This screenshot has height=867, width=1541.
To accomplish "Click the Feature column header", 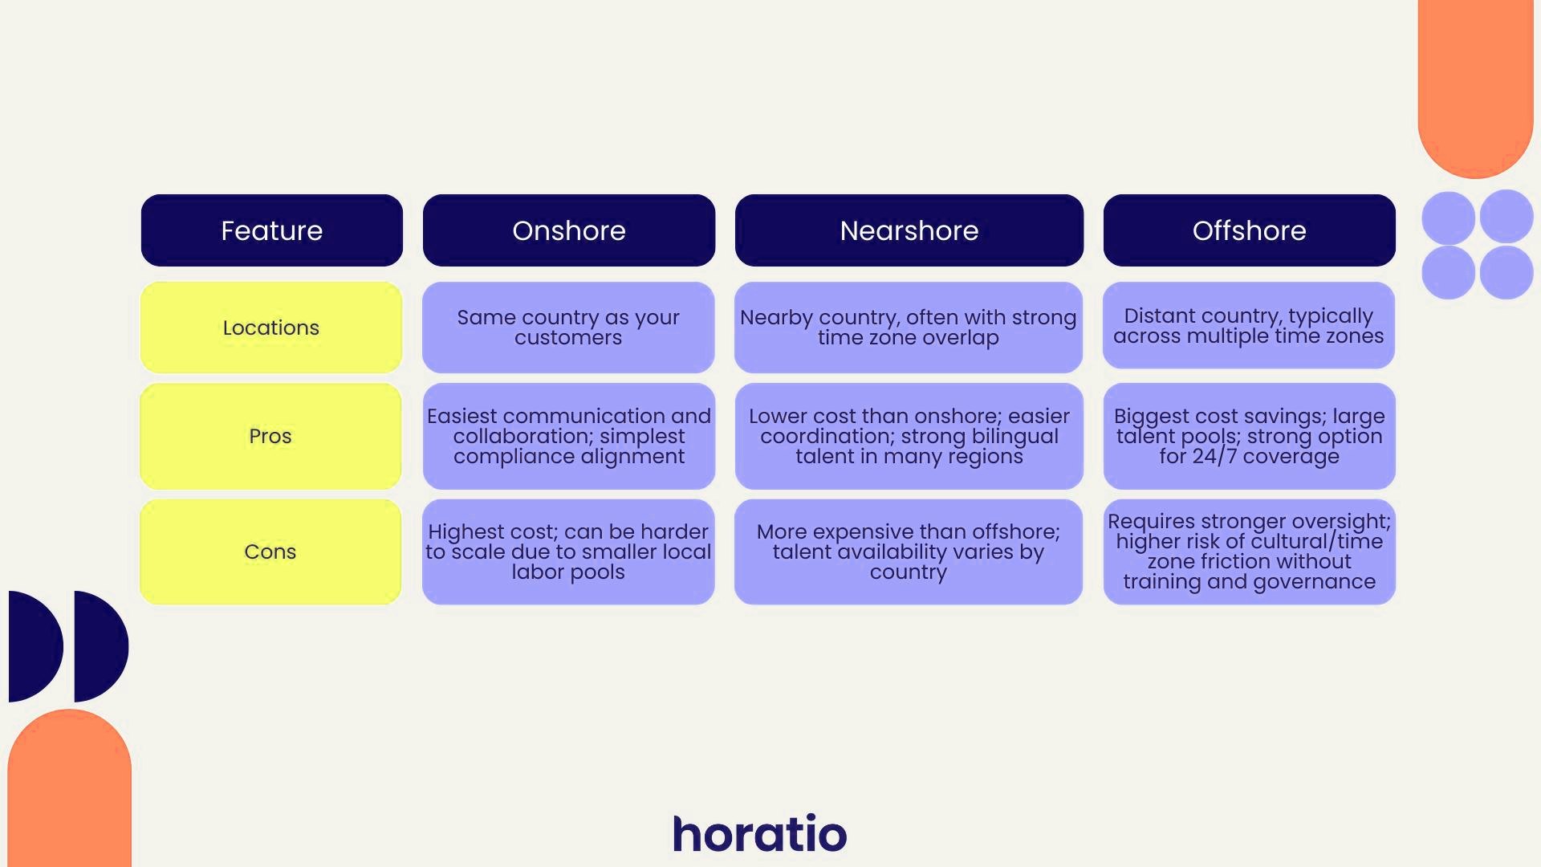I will tap(271, 230).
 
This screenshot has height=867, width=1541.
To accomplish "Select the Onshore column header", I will tap(568, 230).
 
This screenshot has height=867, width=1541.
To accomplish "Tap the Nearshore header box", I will tap(909, 230).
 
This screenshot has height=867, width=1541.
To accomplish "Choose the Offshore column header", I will tap(1249, 230).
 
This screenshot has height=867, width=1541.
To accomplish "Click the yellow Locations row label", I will tap(271, 328).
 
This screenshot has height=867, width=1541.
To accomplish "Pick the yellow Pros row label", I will tap(270, 436).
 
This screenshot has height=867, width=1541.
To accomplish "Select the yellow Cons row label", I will tap(270, 552).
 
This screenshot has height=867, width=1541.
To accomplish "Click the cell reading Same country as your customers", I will tap(568, 328).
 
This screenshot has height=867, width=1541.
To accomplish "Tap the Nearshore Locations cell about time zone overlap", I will tap(909, 328).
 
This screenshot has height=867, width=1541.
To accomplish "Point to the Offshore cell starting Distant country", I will tap(1249, 326).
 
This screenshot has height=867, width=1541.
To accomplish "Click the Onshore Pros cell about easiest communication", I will tap(568, 436).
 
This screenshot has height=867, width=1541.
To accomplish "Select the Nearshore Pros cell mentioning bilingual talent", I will tap(909, 436).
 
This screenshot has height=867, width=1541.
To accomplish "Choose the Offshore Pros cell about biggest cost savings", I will tap(1249, 436).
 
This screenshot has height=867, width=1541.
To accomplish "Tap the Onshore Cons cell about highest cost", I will tap(568, 552).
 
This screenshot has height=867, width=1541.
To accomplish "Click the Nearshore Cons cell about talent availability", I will tap(909, 552).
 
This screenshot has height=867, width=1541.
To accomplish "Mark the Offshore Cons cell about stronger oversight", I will tap(1249, 552).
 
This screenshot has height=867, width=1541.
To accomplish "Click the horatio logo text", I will tap(759, 834).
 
